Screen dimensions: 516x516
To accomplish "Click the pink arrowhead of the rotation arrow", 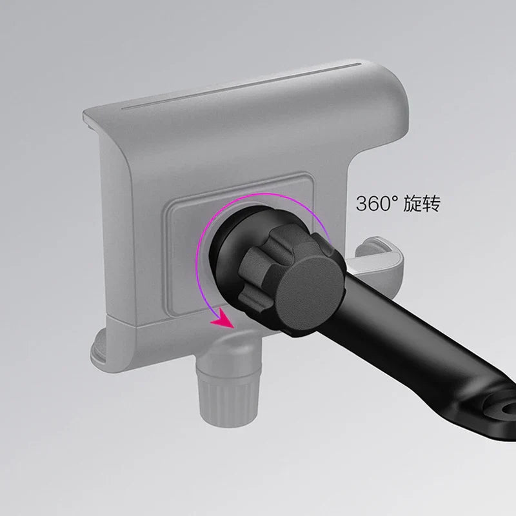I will click(x=222, y=317).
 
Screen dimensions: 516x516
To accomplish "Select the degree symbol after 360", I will click(x=393, y=199).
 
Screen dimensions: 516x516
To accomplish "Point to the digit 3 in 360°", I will click(x=362, y=204).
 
